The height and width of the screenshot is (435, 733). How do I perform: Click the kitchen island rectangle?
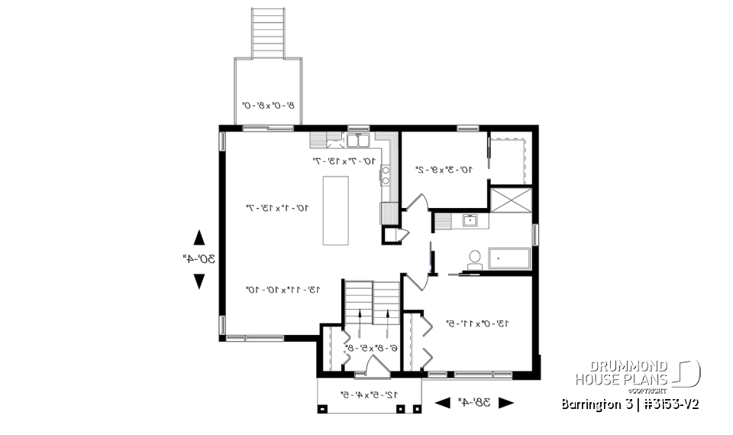click(x=336, y=210)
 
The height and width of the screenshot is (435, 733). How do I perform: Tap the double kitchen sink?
click(x=357, y=141)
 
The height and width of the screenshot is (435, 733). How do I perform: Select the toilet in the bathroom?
click(x=474, y=258)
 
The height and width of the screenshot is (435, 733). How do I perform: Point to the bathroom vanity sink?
click(x=470, y=222)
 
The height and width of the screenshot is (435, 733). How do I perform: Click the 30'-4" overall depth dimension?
click(x=199, y=259)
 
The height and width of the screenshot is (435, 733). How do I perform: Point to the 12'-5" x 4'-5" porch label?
click(x=369, y=395)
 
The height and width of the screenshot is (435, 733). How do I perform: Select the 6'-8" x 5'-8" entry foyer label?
click(x=370, y=348)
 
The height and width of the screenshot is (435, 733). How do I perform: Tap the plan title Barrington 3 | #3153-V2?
click(x=629, y=403)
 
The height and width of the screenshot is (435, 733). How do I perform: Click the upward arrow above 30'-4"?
click(x=199, y=237)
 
